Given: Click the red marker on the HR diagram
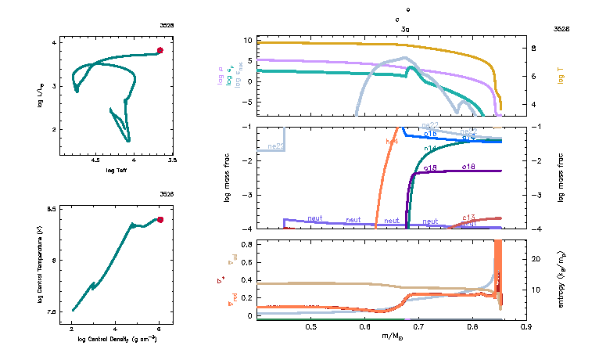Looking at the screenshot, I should pos(160,50).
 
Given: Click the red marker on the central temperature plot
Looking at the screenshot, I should pos(160,220).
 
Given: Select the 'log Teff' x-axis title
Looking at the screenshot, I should pos(116,170).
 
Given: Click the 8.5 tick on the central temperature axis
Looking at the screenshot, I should pos(52,210).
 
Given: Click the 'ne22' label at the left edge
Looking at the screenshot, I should pos(274,146).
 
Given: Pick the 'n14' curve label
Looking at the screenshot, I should pos(429,149).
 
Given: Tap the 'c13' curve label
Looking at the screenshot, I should pos(469,218).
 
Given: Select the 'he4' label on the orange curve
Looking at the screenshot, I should pos(392,142).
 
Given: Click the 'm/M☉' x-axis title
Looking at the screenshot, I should pos(392,336).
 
